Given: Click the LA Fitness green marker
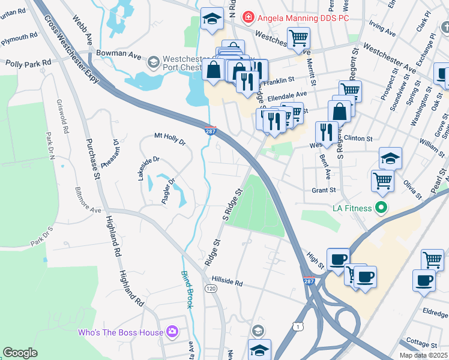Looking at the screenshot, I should (380, 208).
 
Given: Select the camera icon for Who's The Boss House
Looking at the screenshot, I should (172, 332).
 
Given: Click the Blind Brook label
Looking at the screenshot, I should (187, 289).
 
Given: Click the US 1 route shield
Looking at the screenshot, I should (297, 325).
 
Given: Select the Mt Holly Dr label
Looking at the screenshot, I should (170, 137).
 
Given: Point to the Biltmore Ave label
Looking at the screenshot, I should (88, 202).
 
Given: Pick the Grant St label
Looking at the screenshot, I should (323, 190).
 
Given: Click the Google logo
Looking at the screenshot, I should (20, 353).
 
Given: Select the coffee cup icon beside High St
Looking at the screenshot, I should (338, 259).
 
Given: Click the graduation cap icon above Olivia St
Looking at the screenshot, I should (390, 158).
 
